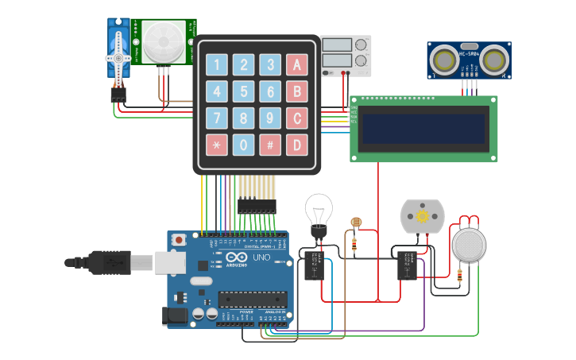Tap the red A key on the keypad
coord(297,65)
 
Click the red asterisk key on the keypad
coord(217,145)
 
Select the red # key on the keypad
coord(270,145)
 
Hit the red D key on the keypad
coord(297,145)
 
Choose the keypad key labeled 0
coord(244,145)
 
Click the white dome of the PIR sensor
coord(164,41)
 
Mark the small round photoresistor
coord(355,223)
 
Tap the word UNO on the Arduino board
coord(261,258)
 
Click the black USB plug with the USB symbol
coord(107,261)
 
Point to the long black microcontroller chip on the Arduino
coord(252,299)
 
